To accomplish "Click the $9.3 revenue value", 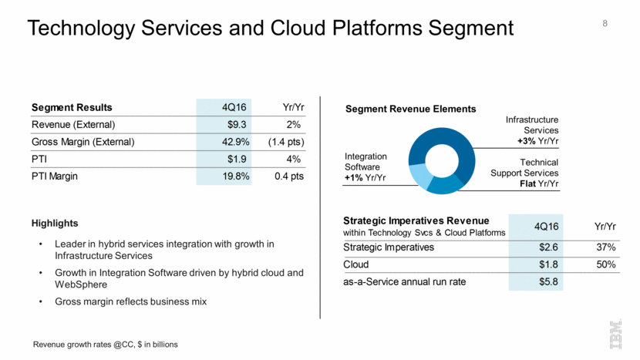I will pos(230,124).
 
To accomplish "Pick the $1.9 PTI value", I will pos(230,159).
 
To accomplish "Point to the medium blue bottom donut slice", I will pos(446,185).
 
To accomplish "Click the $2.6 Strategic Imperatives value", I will pos(547,247).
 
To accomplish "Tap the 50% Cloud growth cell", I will pos(604,264).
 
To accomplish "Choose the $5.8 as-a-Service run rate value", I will pos(547,282).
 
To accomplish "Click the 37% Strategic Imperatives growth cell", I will pos(604,247).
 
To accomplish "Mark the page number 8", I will pos(605,24).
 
